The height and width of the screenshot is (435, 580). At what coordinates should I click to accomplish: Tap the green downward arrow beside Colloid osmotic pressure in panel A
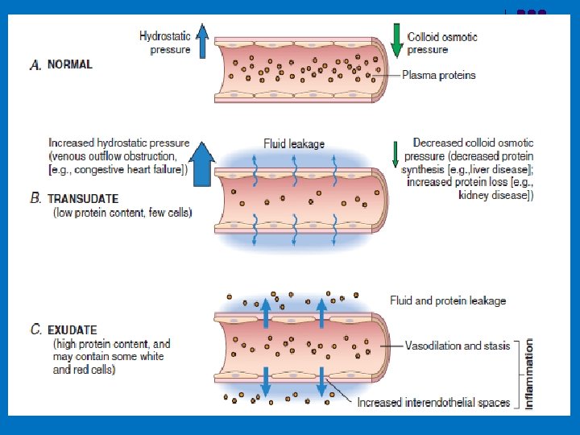(396, 41)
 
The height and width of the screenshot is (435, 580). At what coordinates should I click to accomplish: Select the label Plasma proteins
(439, 76)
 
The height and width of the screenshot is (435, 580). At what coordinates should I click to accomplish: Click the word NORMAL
(70, 64)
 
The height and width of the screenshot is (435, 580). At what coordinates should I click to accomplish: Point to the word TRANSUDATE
(83, 198)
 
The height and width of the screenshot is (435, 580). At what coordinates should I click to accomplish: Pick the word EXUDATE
(72, 329)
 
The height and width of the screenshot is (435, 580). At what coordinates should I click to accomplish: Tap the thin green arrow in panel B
(395, 153)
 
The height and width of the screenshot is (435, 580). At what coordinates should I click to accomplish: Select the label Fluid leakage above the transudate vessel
(294, 144)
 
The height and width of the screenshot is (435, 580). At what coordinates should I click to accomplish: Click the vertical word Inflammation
(529, 373)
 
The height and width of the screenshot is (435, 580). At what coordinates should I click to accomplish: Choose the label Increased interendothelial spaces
(433, 403)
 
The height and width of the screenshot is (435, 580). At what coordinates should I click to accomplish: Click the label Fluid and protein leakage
(448, 300)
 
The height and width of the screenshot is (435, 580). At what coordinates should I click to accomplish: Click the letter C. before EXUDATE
(36, 329)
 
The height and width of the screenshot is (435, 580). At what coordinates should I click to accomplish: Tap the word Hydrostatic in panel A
(165, 36)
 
